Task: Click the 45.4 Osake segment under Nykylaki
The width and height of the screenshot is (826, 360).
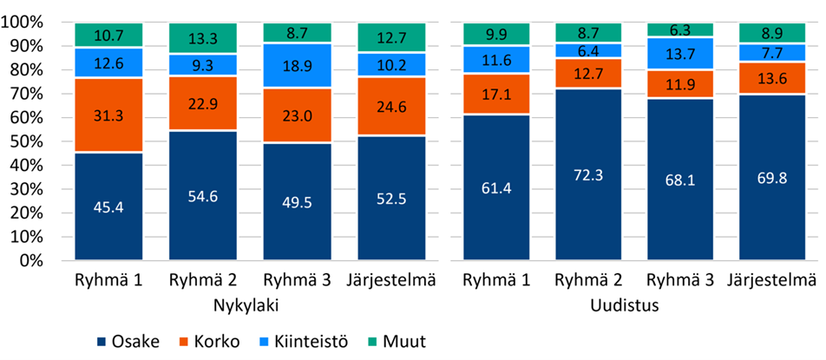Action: click(x=108, y=206)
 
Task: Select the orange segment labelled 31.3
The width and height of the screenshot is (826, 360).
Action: click(x=108, y=115)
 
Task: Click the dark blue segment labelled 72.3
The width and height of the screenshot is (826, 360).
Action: click(x=589, y=174)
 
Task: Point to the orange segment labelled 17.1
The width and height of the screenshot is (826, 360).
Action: click(x=495, y=94)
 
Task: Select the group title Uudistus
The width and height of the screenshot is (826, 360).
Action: click(x=632, y=305)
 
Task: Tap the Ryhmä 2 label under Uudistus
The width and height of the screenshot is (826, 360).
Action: click(x=589, y=282)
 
